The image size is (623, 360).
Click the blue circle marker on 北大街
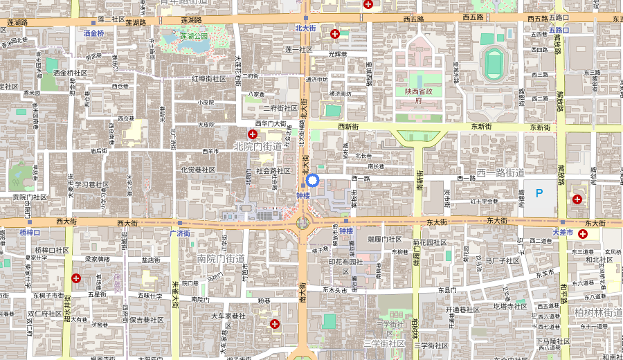tap(312, 181)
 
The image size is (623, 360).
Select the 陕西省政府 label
tap(418, 96)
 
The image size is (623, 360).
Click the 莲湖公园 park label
tap(194, 35)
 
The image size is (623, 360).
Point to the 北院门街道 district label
tap(258, 146)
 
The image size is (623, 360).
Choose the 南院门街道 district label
tap(222, 258)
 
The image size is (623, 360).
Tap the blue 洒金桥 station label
tap(93, 33)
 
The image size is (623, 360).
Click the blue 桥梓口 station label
tap(30, 233)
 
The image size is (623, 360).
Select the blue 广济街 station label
tap(179, 233)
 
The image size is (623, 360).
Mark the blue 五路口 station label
tap(558, 30)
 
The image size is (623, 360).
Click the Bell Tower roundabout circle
tap(303, 223)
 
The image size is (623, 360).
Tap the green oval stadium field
tap(494, 64)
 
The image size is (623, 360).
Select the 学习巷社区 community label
tap(92, 185)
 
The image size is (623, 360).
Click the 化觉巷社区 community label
tap(198, 170)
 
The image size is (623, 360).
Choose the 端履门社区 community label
tap(385, 240)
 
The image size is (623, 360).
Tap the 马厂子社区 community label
tap(502, 261)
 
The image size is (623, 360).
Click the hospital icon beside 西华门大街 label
tap(252, 133)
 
